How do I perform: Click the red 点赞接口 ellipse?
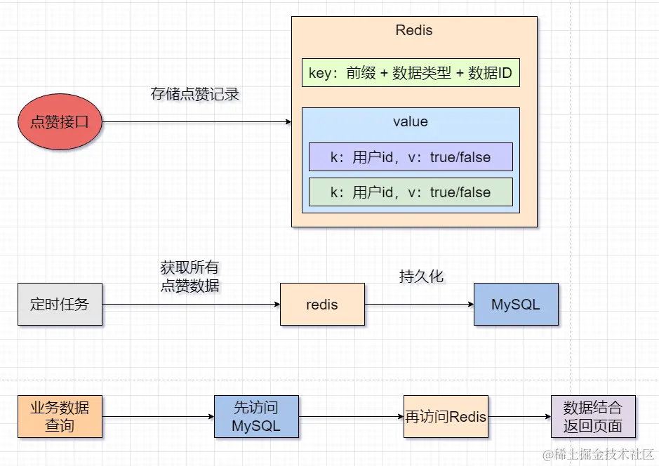coord(60,122)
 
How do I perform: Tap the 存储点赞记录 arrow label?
coord(195,94)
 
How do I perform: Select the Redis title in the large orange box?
coord(414,30)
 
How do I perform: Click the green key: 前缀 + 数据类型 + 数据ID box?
coord(411,73)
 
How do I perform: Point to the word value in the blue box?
coord(411,121)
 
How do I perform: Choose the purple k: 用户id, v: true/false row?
coord(411,157)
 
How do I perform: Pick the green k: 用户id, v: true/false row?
coord(411,192)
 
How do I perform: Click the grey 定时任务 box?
coord(60,305)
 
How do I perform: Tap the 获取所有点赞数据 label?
coord(189,277)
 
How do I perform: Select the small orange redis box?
coord(322,305)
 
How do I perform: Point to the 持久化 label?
coord(421,277)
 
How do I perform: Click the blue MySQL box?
coord(516,305)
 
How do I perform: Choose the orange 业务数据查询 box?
coord(60,417)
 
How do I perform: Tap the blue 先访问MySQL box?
coord(256,417)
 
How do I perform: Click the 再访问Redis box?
coord(446,417)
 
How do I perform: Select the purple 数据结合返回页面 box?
coord(593,417)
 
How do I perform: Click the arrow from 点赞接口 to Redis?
coord(197,122)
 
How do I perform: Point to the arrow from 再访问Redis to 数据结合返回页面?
coord(519,417)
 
